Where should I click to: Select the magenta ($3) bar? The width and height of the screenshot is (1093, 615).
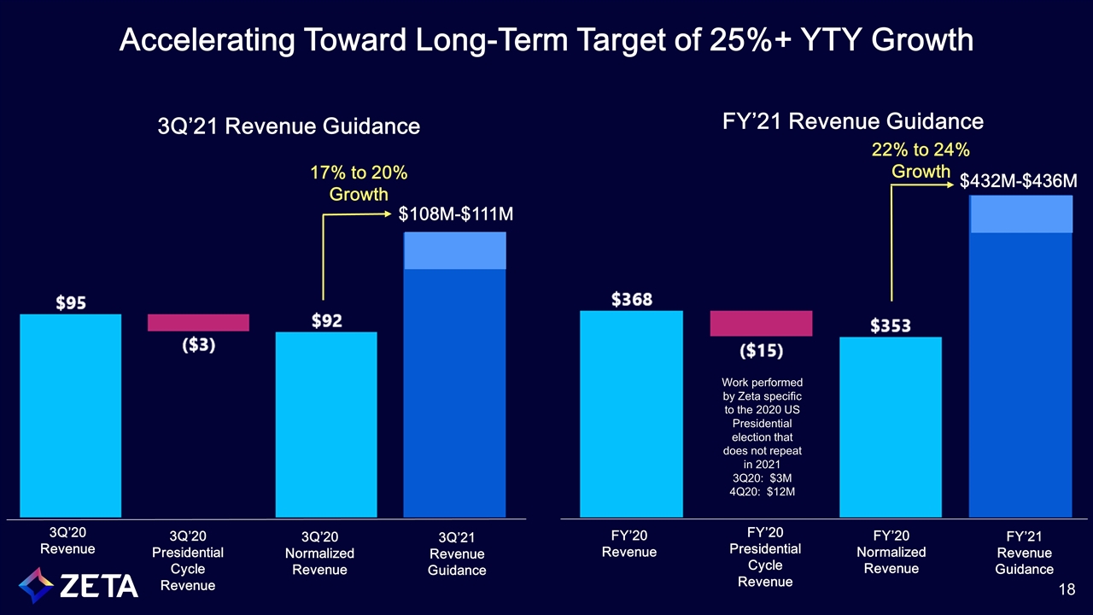pyautogui.click(x=198, y=322)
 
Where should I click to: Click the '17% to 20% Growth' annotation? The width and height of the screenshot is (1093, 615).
pyautogui.click(x=359, y=183)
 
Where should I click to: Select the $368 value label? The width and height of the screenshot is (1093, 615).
pyautogui.click(x=632, y=299)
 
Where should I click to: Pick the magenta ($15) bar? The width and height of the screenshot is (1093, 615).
pyautogui.click(x=761, y=324)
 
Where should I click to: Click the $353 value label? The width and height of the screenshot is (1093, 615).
pyautogui.click(x=891, y=325)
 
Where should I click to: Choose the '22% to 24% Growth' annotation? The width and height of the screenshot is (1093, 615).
pyautogui.click(x=921, y=161)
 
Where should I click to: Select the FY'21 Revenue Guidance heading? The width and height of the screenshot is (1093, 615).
pyautogui.click(x=852, y=121)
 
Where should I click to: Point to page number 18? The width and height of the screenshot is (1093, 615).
pyautogui.click(x=1066, y=589)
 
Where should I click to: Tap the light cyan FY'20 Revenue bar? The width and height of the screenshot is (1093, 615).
pyautogui.click(x=631, y=413)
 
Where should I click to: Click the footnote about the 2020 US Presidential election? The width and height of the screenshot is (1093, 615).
pyautogui.click(x=763, y=436)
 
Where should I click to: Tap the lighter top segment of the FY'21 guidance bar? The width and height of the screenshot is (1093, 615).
pyautogui.click(x=1021, y=214)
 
